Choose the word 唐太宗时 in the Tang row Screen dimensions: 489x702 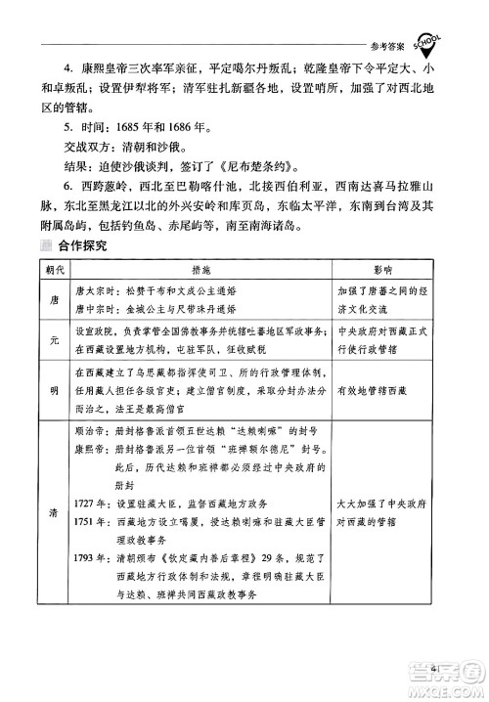click(x=95, y=290)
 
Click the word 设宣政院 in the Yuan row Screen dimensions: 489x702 click(x=95, y=332)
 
